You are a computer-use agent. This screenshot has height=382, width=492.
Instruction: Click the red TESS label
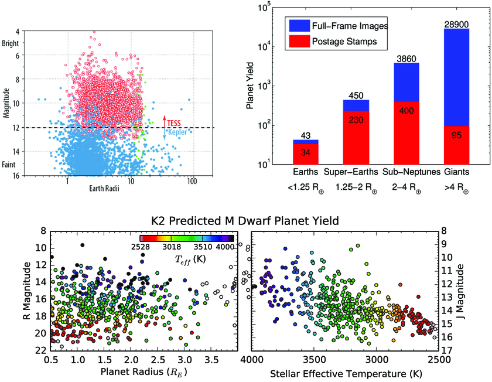pyautogui.click(x=174, y=123)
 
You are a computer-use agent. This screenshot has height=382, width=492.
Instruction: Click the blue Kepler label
pyautogui.click(x=177, y=132)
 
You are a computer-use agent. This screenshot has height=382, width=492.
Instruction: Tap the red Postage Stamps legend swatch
pyautogui.click(x=299, y=42)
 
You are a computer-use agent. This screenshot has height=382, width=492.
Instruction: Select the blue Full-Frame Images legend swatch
pyautogui.click(x=299, y=26)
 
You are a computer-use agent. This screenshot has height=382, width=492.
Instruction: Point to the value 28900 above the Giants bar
pyautogui.click(x=456, y=25)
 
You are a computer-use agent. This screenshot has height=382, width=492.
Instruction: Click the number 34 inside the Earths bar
pyautogui.click(x=305, y=152)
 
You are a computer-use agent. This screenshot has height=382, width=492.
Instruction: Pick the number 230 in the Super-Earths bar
pyautogui.click(x=356, y=120)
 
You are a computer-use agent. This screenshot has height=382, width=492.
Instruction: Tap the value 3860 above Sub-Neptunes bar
pyautogui.click(x=406, y=59)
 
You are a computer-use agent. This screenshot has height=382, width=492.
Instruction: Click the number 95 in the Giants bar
pyautogui.click(x=456, y=135)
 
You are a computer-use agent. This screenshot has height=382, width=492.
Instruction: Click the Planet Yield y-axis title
pyautogui.click(x=250, y=86)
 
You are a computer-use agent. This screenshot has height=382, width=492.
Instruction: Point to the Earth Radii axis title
pyautogui.click(x=104, y=188)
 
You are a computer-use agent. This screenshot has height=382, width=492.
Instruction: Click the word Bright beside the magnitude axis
pyautogui.click(x=11, y=43)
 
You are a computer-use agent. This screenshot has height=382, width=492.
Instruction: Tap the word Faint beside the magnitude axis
pyautogui.click(x=8, y=165)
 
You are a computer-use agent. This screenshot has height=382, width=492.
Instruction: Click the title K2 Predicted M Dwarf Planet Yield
pyautogui.click(x=245, y=221)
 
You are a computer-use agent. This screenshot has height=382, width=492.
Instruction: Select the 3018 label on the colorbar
pyautogui.click(x=172, y=247)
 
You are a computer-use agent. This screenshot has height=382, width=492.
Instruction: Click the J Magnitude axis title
pyautogui.click(x=460, y=292)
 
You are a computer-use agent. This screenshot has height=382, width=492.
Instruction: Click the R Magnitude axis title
pyautogui.click(x=28, y=291)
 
